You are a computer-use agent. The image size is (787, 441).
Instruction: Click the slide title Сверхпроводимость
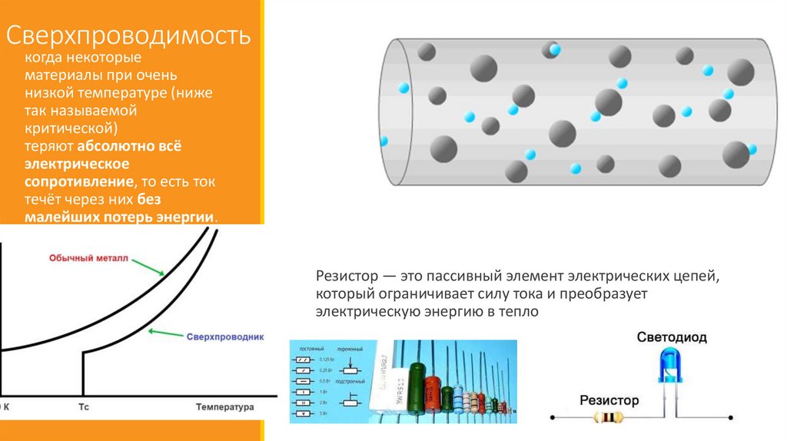(x=129, y=36)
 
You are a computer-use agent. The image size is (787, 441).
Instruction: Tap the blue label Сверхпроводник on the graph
(x=225, y=337)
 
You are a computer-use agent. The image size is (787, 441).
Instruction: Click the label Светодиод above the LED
(x=672, y=337)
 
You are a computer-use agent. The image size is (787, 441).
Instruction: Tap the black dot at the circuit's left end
(x=551, y=419)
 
